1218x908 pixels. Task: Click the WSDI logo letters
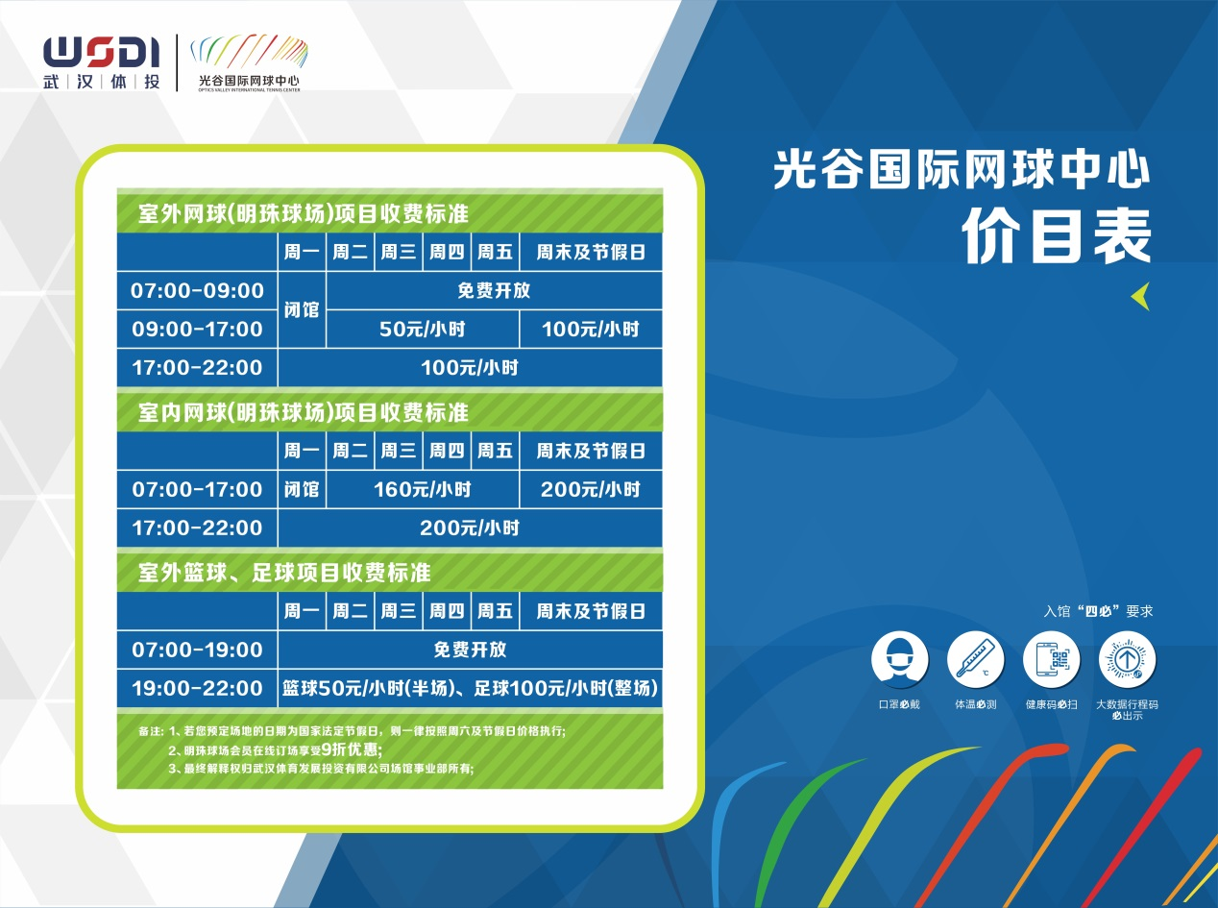click(x=102, y=52)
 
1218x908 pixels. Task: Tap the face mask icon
click(x=899, y=660)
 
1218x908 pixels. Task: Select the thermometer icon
click(x=976, y=660)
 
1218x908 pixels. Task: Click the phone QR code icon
click(x=1052, y=660)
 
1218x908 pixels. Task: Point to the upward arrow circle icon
click(x=1127, y=660)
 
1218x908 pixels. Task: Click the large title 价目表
click(x=1057, y=236)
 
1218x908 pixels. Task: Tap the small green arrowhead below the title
click(x=1140, y=296)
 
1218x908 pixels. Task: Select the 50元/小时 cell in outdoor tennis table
click(x=423, y=330)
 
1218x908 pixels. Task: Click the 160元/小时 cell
click(x=423, y=489)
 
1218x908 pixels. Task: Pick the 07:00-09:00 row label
click(x=197, y=291)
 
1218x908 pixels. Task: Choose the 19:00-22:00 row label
click(x=197, y=689)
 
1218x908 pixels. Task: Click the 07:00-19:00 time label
click(x=197, y=650)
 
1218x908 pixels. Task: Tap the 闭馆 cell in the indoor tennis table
click(x=302, y=489)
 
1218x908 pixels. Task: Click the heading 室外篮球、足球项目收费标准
click(x=284, y=573)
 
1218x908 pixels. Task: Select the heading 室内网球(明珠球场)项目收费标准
click(x=303, y=412)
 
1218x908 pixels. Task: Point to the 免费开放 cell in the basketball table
click(x=470, y=650)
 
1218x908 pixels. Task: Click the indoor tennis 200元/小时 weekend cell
click(x=591, y=489)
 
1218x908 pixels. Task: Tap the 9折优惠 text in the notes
click(x=352, y=749)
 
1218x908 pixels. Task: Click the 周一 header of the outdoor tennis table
click(x=302, y=253)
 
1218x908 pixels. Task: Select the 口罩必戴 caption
click(x=899, y=704)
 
